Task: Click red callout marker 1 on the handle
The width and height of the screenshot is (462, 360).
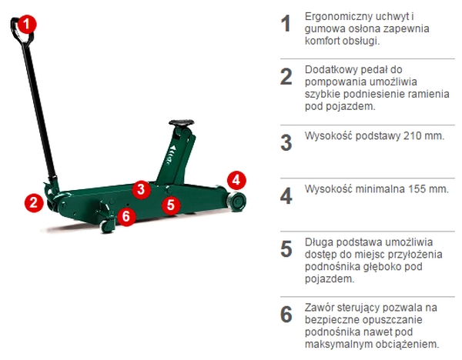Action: pyautogui.click(x=27, y=24)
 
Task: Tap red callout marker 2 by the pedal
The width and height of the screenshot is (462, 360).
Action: pyautogui.click(x=34, y=202)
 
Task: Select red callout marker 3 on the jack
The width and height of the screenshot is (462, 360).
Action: pyautogui.click(x=142, y=189)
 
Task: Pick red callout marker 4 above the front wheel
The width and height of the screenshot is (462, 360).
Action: pyautogui.click(x=236, y=180)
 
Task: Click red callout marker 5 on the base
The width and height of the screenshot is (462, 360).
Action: pyautogui.click(x=171, y=205)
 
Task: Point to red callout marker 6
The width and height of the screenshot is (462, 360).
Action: pyautogui.click(x=126, y=216)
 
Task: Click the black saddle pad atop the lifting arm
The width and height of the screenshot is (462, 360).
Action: pyautogui.click(x=181, y=122)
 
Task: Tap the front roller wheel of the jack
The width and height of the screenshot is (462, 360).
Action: pyautogui.click(x=236, y=202)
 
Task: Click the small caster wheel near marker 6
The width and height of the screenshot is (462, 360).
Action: pyautogui.click(x=108, y=225)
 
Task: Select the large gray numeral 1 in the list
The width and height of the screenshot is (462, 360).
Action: pyautogui.click(x=286, y=24)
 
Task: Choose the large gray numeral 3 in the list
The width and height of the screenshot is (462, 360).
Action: pyautogui.click(x=286, y=143)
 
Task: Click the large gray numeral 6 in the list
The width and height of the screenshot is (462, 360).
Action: pyautogui.click(x=286, y=315)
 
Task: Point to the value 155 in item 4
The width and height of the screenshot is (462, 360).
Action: pyautogui.click(x=417, y=189)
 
